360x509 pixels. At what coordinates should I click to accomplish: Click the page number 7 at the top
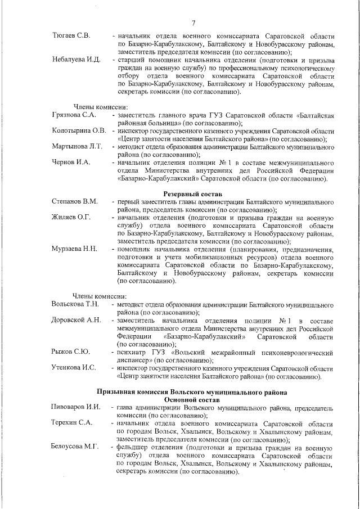[x=193, y=23]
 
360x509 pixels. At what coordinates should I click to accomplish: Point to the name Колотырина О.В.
[x=79, y=131]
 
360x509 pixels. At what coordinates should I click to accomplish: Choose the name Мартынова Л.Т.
[x=77, y=147]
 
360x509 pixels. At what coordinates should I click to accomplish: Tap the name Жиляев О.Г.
[x=73, y=217]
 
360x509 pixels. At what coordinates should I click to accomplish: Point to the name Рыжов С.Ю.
[x=70, y=352]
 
